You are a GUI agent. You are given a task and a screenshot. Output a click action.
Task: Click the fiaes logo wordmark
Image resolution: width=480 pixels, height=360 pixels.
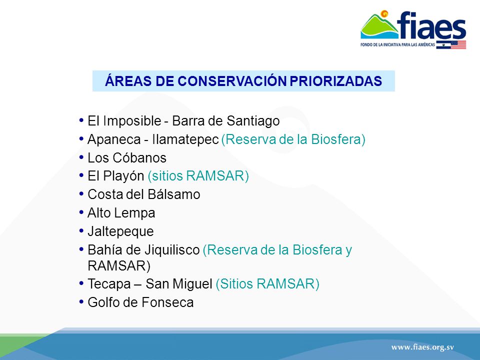tap(431, 25)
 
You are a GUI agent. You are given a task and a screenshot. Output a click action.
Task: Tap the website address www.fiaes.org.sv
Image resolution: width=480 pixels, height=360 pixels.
tap(422, 347)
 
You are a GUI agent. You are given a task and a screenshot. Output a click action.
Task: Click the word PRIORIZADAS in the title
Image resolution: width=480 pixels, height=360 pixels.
tap(336, 81)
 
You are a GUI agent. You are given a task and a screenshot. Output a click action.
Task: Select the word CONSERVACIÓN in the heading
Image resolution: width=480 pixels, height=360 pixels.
tap(232, 81)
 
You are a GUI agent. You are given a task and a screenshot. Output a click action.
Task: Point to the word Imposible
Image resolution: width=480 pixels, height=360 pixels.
tap(132, 121)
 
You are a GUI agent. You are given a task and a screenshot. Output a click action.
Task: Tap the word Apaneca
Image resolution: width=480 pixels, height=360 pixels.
tap(114, 139)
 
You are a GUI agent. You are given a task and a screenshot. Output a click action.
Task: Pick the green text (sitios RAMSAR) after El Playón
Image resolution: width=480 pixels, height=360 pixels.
tap(198, 176)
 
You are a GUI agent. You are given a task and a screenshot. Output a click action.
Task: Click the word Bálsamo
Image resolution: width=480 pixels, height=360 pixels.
tap(174, 194)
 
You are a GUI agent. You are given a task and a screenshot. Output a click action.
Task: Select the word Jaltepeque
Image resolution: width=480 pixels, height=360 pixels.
tap(120, 231)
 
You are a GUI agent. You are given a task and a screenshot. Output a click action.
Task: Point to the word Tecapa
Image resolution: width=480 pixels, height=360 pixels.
tap(109, 284)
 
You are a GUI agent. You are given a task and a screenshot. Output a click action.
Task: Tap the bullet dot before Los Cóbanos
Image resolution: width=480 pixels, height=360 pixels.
tap(81, 157)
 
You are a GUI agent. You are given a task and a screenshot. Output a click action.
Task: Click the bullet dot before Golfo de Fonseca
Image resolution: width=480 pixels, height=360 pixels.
tap(81, 302)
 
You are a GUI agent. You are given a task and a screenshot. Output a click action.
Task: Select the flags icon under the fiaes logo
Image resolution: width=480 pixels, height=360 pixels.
tap(451, 44)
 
